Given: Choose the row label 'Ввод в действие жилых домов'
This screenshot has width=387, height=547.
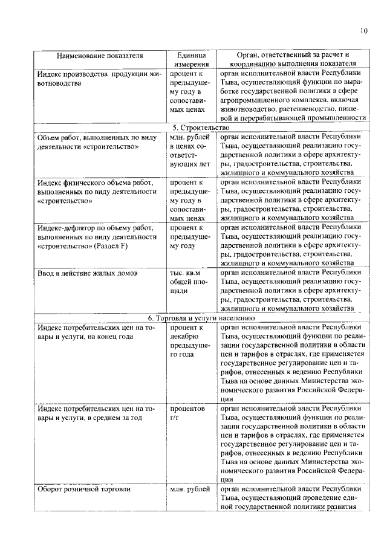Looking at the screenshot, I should (87, 273).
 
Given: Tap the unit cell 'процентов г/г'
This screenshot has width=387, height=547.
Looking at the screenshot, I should (188, 413).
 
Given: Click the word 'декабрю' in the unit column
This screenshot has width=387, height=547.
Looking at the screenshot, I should (184, 337).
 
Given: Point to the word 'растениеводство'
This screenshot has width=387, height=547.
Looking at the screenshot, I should (300, 109).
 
